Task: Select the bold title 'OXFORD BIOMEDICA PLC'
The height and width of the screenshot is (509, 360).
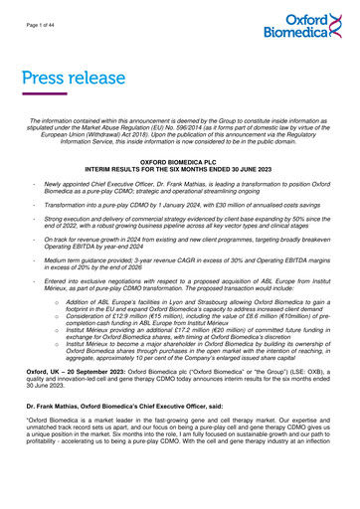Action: pyautogui.click(x=179, y=159)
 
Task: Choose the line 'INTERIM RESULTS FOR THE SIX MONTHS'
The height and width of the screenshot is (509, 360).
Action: pyautogui.click(x=179, y=167)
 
